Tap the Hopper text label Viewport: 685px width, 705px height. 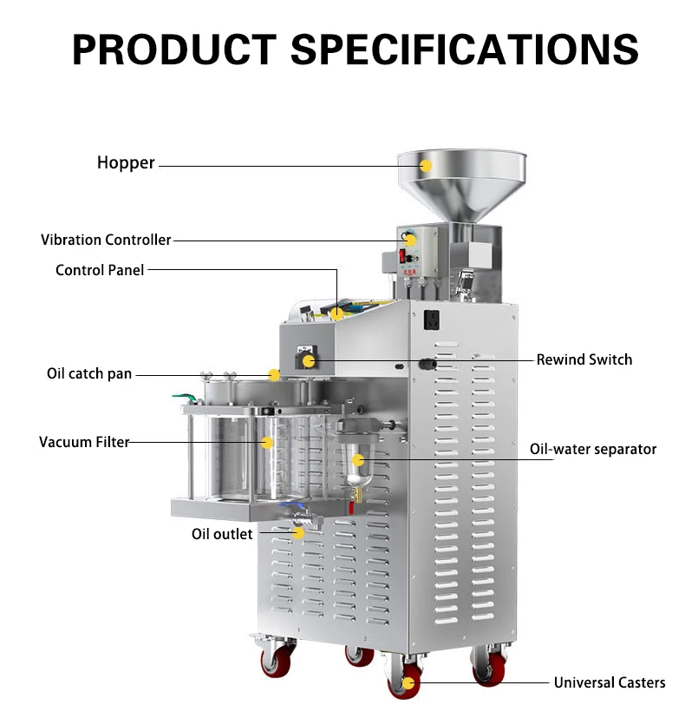(x=126, y=162)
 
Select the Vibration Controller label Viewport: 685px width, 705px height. (x=106, y=240)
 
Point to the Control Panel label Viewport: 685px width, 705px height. (x=100, y=270)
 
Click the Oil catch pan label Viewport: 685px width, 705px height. (x=89, y=374)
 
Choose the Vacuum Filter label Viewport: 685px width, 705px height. (x=83, y=442)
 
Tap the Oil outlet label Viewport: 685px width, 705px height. (x=222, y=533)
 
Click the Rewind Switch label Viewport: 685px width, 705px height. (x=584, y=359)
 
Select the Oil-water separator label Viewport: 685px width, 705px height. (x=592, y=449)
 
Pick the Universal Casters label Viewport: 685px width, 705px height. (x=610, y=682)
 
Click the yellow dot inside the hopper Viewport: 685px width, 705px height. (x=426, y=165)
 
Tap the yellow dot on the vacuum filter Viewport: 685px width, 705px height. (x=268, y=443)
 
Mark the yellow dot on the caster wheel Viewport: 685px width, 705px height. (x=406, y=682)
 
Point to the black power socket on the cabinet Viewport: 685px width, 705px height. (x=431, y=321)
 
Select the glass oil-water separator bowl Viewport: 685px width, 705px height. (x=355, y=469)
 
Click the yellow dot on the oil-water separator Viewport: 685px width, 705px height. (x=357, y=458)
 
